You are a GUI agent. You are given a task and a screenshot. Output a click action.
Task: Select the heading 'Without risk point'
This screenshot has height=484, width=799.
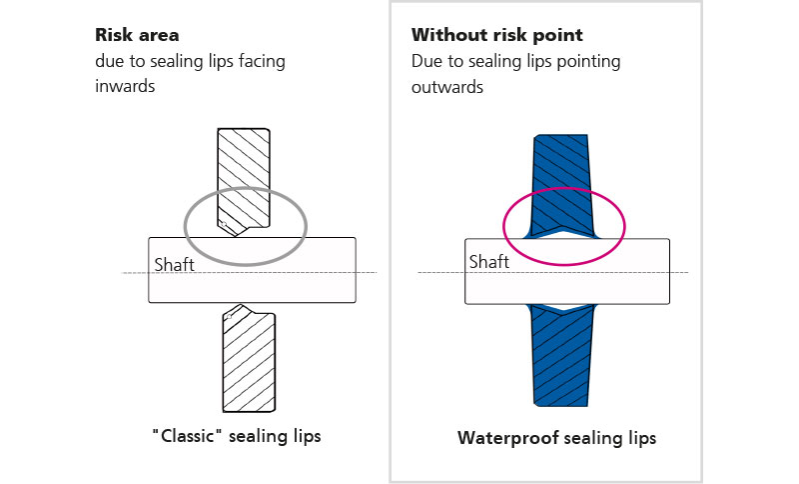(x=496, y=35)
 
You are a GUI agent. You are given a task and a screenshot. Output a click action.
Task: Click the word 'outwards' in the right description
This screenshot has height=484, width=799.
(x=447, y=87)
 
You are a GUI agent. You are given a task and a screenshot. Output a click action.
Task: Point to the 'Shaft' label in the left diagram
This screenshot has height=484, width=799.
(x=175, y=265)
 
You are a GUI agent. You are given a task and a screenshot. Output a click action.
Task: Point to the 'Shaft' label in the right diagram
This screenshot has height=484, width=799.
(x=489, y=262)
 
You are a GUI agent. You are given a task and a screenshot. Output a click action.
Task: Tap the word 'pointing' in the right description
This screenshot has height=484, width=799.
(x=589, y=61)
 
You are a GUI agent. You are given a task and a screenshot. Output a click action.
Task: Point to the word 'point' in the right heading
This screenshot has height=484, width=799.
(x=560, y=35)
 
